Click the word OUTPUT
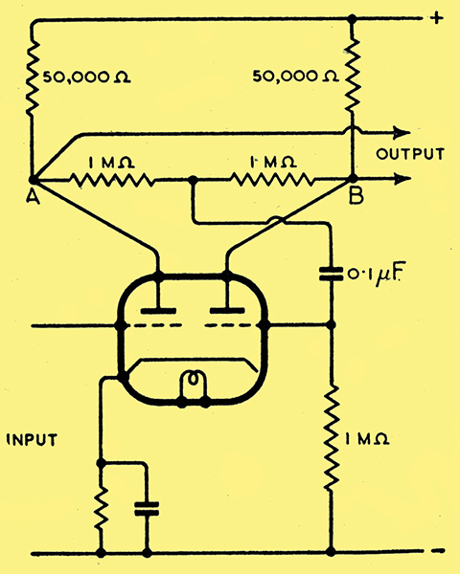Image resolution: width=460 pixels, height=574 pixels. (410, 154)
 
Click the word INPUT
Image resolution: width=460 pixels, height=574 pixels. (33, 440)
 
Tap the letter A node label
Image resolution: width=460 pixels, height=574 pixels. (33, 197)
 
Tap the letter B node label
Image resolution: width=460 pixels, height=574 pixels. (356, 196)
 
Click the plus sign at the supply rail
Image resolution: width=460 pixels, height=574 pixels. (436, 18)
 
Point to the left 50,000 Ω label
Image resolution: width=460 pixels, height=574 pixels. (87, 77)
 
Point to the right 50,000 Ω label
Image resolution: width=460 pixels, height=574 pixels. (296, 77)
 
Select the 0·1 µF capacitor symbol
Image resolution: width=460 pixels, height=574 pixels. (332, 275)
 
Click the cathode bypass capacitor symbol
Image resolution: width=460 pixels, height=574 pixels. (147, 509)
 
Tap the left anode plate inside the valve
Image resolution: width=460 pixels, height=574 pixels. (158, 311)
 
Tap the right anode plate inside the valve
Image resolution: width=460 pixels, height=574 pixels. (227, 311)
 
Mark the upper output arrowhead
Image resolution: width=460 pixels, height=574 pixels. (401, 133)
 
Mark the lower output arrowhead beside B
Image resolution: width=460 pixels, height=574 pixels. (401, 179)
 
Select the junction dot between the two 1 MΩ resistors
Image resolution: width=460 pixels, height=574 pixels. (193, 180)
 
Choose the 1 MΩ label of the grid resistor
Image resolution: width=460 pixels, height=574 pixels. (367, 439)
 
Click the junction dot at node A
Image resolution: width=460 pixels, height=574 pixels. (33, 180)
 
